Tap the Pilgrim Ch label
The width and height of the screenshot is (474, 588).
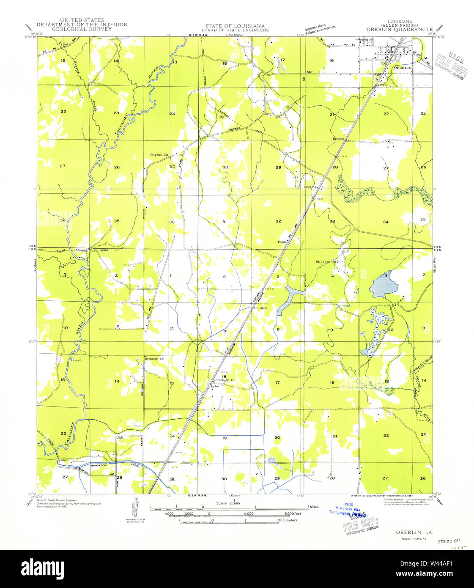pos(159,155)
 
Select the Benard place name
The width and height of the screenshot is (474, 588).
pos(338,138)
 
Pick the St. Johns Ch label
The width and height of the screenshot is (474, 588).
pos(326,261)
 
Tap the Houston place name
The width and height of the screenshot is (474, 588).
pos(260,308)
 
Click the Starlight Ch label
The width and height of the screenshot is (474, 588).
pos(225,380)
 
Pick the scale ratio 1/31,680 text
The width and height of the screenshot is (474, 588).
pos(228,502)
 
